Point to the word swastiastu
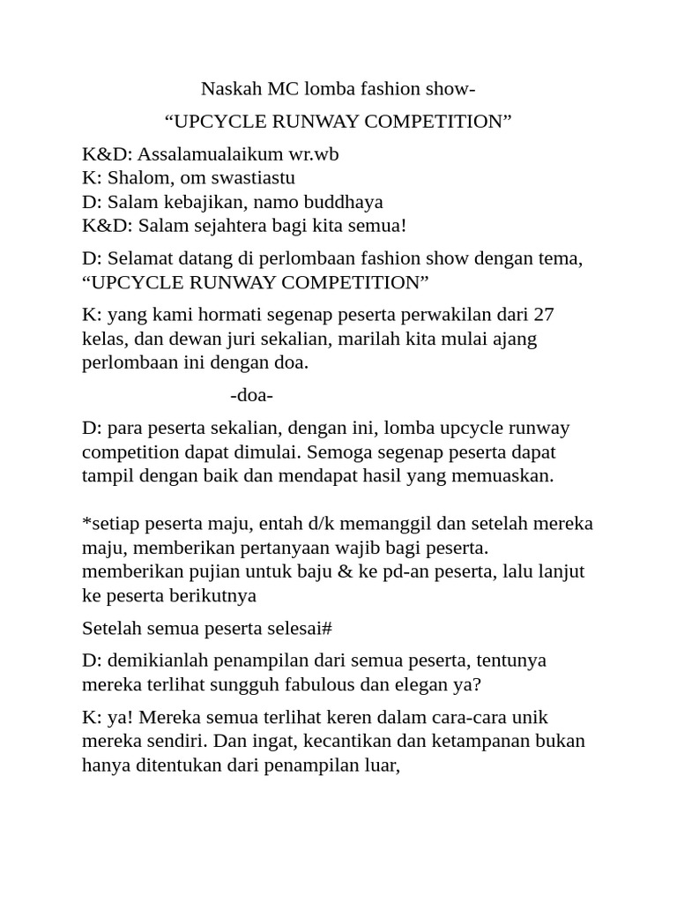pos(251,178)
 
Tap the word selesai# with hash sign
pos(296,629)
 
